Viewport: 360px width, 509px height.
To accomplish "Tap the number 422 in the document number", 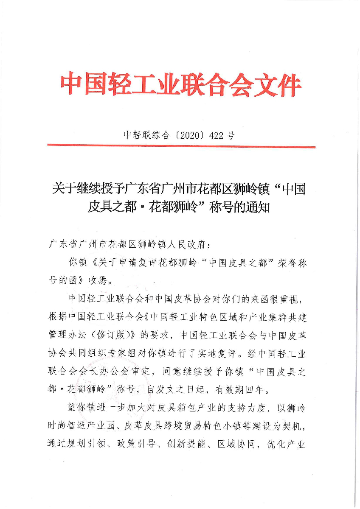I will click(x=215, y=136).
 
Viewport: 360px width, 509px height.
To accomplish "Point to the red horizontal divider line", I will click(x=181, y=147).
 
